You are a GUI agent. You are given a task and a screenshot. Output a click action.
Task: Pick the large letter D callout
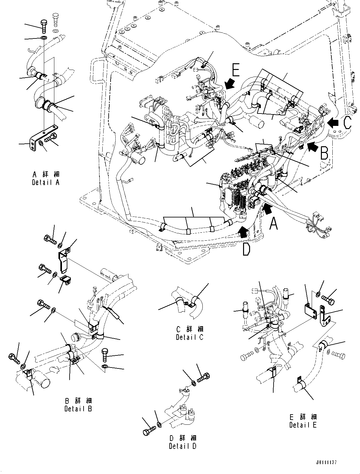point(246,250)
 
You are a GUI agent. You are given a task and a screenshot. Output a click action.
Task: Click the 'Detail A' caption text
point(46,182)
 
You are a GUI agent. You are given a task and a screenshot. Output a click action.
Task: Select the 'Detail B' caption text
point(78,409)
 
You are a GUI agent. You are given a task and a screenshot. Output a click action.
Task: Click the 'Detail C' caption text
point(190,337)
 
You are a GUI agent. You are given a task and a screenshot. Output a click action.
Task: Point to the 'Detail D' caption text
point(182,446)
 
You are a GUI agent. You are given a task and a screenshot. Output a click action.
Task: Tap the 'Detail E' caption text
point(303,425)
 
